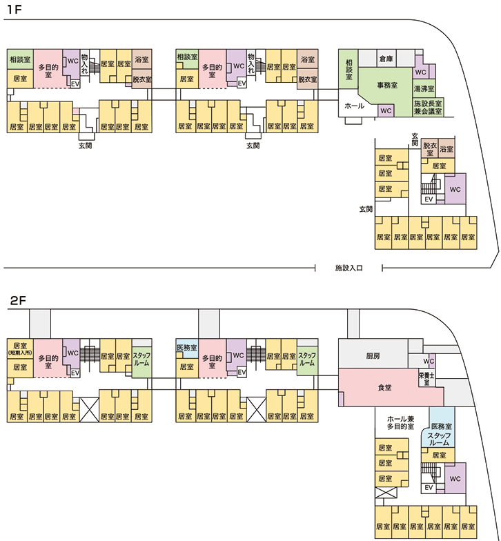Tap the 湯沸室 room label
[x=424, y=89]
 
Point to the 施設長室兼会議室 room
[x=428, y=107]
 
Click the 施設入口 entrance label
[x=349, y=268]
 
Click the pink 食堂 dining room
[x=385, y=388]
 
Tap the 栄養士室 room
[x=426, y=378]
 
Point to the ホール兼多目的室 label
[x=400, y=422]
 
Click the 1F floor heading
[x=14, y=10]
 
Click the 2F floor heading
[x=18, y=301]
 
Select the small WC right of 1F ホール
[x=386, y=110]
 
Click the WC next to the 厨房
[x=429, y=362]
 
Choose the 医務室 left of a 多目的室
[x=186, y=348]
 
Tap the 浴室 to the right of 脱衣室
[x=446, y=149]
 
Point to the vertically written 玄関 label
[x=415, y=139]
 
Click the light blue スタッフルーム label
[x=439, y=439]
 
